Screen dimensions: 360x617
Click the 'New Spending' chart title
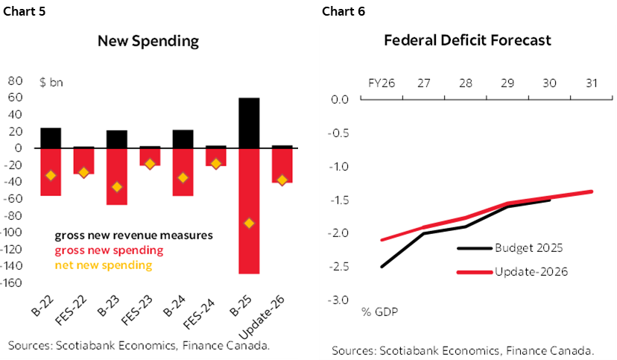tap(148, 41)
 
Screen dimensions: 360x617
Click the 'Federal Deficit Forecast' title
tap(467, 40)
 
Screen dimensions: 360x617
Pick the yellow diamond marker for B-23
tap(116, 186)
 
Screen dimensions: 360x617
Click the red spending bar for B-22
tap(51, 171)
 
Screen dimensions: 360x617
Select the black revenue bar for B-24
tap(183, 139)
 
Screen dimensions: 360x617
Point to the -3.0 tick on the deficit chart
tap(339, 300)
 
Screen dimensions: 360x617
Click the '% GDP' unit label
tap(379, 311)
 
